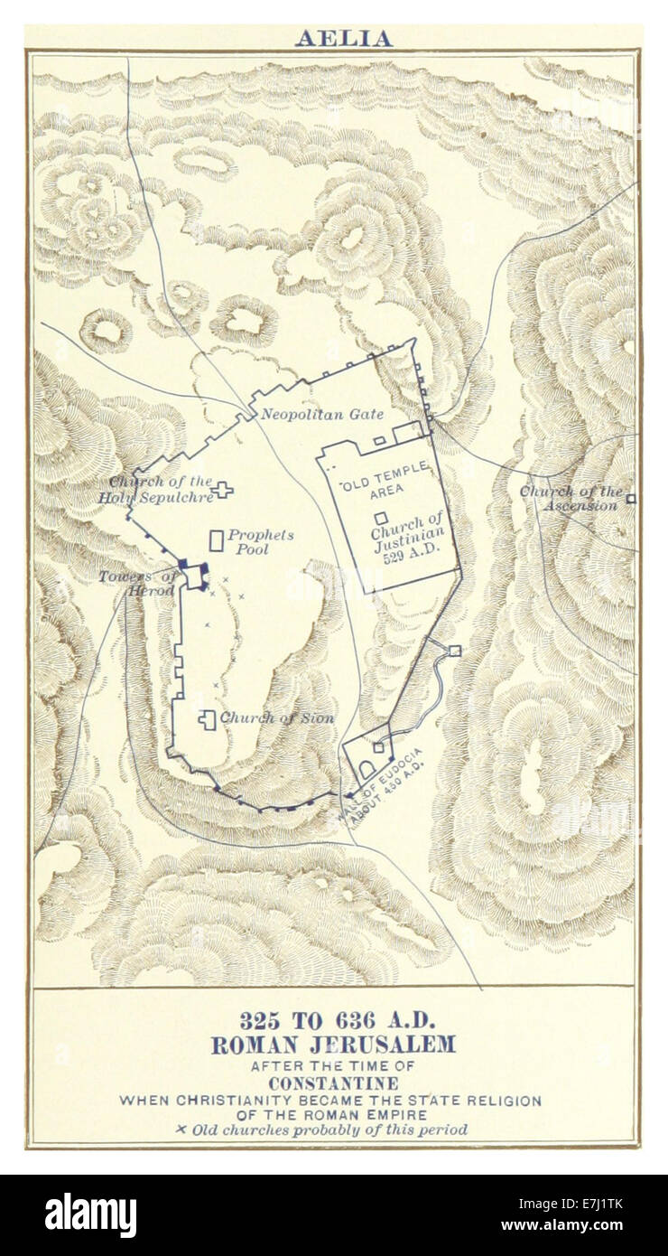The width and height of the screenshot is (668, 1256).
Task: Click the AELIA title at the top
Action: [x=343, y=39]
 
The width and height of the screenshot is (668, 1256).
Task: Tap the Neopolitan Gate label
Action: [x=322, y=415]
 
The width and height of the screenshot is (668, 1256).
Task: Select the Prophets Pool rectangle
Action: [x=217, y=540]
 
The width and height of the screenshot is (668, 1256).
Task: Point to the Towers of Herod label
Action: [x=138, y=584]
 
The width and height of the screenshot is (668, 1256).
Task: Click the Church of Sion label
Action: [x=276, y=718]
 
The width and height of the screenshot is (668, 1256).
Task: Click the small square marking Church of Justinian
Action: [x=382, y=519]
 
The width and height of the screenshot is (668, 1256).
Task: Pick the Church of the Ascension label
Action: [x=571, y=498]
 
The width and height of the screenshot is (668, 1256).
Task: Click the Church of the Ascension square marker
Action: [x=631, y=498]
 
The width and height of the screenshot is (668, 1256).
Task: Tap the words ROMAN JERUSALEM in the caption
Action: [x=333, y=1045]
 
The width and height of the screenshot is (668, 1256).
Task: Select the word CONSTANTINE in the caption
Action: [x=333, y=1083]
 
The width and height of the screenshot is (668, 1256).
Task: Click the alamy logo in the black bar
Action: [x=90, y=1214]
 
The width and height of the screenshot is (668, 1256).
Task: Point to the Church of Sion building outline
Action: [x=208, y=719]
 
